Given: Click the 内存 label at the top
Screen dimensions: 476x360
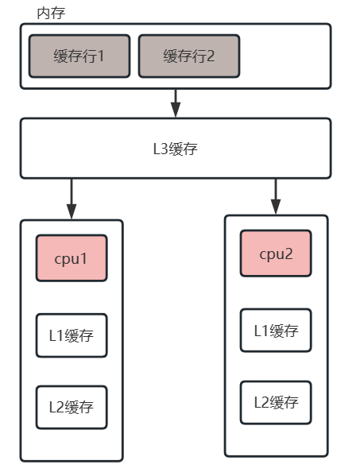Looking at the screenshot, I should click(51, 14).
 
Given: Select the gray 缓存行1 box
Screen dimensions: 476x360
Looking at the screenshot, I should click(79, 56).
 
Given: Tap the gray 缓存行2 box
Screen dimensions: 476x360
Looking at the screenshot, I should click(188, 56).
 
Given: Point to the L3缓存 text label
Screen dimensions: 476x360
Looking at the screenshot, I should click(175, 149).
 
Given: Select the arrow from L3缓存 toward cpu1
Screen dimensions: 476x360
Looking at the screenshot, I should click(72, 198).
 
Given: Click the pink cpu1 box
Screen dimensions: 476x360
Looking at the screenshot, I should click(72, 257).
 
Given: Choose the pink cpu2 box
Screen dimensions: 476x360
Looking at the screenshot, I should click(276, 253).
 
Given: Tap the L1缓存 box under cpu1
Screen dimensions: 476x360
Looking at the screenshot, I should click(72, 335).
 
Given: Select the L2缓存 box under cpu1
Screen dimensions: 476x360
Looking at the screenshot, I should click(72, 407).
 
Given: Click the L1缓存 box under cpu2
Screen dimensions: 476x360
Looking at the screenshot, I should click(276, 330).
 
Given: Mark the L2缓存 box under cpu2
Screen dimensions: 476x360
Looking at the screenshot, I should click(276, 402).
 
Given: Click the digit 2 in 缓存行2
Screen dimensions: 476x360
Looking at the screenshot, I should click(211, 56).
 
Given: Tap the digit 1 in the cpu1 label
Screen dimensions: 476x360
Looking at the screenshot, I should click(84, 258).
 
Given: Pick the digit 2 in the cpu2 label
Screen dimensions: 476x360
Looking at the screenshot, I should click(289, 254).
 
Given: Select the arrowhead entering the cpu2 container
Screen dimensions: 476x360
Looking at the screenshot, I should click(276, 207).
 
